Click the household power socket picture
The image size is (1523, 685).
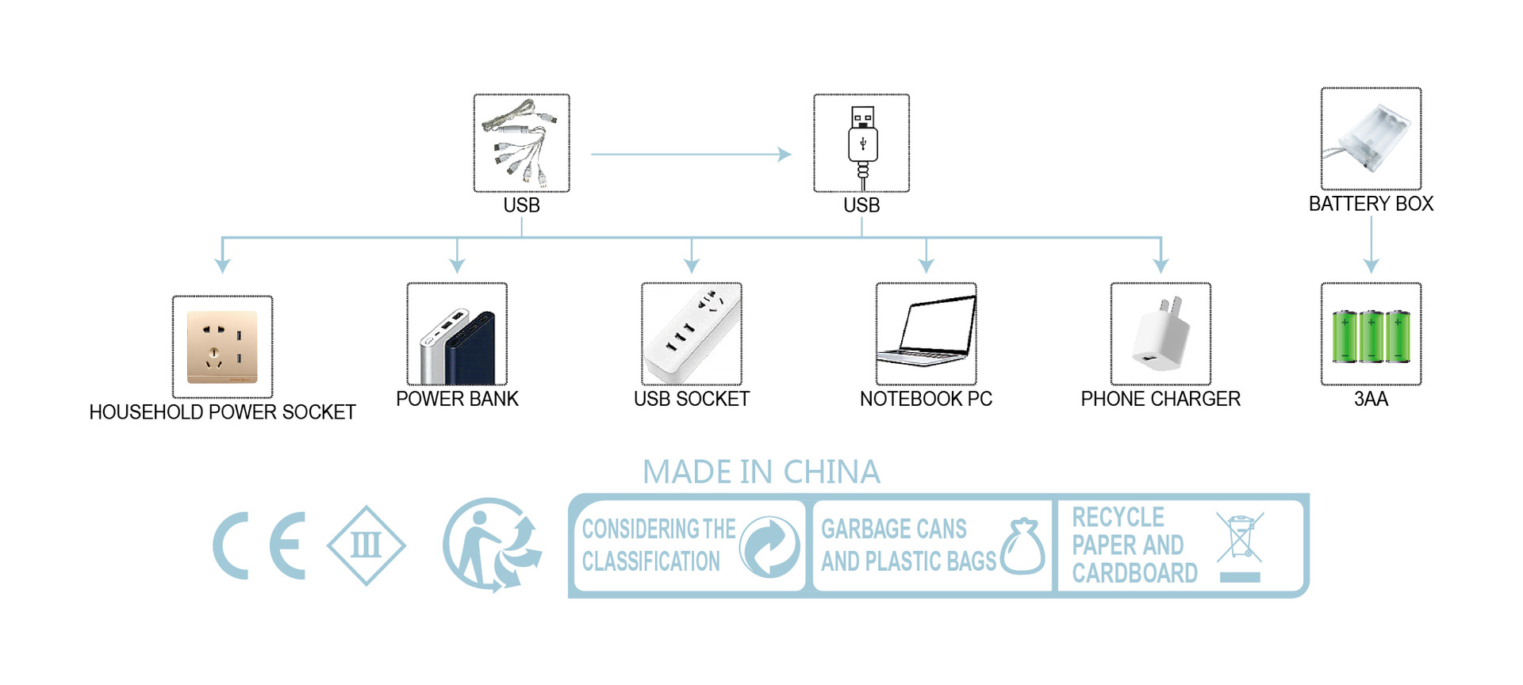(x=222, y=347)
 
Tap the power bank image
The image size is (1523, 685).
(x=457, y=334)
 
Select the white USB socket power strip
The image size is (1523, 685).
(x=692, y=334)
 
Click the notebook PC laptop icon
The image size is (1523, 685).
(x=926, y=334)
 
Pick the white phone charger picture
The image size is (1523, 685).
(x=1160, y=334)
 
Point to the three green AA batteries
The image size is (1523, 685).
(x=1371, y=335)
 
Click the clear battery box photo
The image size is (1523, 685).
(x=1371, y=139)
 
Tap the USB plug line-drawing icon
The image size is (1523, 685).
(x=861, y=144)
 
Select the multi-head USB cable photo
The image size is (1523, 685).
(x=521, y=144)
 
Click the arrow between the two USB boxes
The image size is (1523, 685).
(x=690, y=155)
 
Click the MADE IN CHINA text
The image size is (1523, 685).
(x=761, y=473)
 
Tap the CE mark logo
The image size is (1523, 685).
(x=259, y=545)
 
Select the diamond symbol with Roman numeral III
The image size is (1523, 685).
(x=366, y=545)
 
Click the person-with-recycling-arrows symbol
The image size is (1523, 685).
(x=492, y=545)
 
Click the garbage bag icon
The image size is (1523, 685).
(x=1023, y=547)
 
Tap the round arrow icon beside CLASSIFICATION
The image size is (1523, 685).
(x=769, y=546)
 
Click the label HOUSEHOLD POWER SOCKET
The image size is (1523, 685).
(x=222, y=412)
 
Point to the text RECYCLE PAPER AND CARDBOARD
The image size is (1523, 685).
(x=1134, y=545)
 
